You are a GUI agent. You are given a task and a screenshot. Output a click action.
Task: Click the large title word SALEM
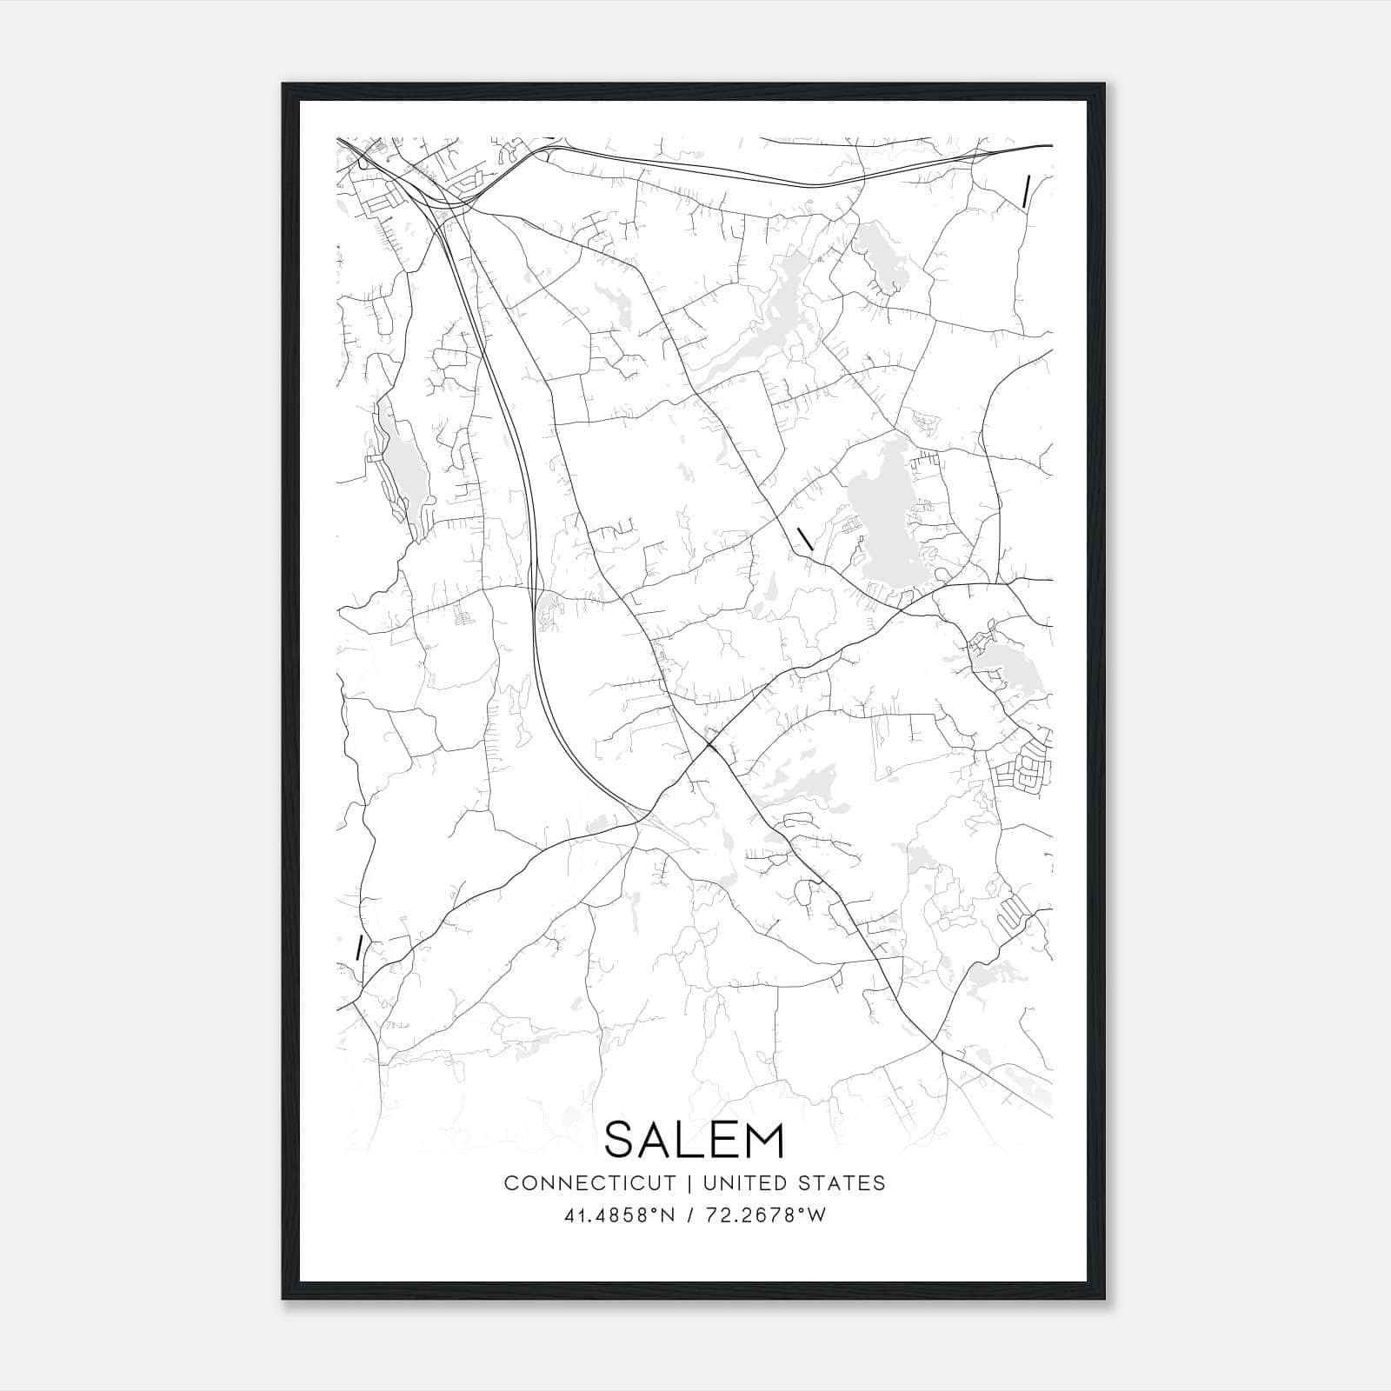pyautogui.click(x=695, y=1140)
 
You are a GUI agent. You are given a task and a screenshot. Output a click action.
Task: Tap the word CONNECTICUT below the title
pyautogui.click(x=589, y=1183)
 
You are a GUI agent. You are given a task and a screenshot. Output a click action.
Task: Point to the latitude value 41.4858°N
pyautogui.click(x=620, y=1215)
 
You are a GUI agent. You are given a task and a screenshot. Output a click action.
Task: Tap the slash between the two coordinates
pyautogui.click(x=689, y=1215)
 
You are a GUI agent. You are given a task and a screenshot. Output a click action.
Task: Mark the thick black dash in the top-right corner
pyautogui.click(x=1027, y=191)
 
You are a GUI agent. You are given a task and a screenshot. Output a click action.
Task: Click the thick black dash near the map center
pyautogui.click(x=805, y=537)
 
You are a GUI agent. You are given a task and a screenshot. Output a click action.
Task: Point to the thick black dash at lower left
pyautogui.click(x=358, y=948)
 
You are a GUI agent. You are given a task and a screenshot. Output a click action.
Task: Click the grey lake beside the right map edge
pyautogui.click(x=995, y=662)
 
